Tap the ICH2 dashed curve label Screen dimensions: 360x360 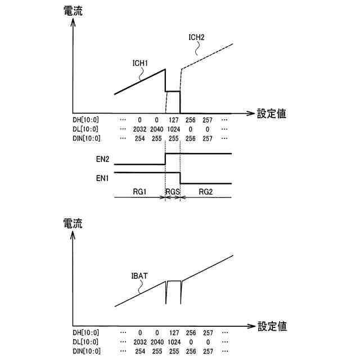(x=196, y=38)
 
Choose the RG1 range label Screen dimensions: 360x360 (x=140, y=192)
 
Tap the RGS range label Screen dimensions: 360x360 (x=172, y=192)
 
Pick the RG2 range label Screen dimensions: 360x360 (x=205, y=192)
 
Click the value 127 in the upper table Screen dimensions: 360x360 (x=173, y=120)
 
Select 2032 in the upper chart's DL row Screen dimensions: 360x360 (x=139, y=129)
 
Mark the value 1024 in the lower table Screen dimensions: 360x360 (x=173, y=341)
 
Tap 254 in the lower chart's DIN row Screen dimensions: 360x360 (x=139, y=350)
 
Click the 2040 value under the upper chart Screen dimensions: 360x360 (x=157, y=129)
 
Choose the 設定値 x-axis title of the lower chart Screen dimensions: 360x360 (x=272, y=326)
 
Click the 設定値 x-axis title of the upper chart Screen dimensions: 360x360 (x=272, y=114)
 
